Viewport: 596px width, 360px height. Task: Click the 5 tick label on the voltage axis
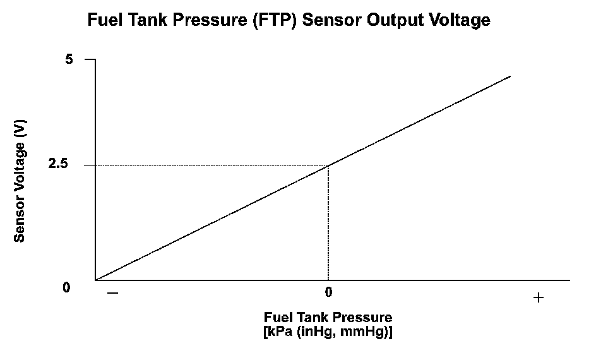[69, 59]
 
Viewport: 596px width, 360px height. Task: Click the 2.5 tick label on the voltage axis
[66, 165]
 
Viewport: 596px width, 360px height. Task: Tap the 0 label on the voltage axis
[67, 287]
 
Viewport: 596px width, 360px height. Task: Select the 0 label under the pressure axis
[328, 292]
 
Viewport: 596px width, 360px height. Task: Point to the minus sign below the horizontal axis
[112, 294]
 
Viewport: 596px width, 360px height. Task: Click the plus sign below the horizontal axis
[538, 297]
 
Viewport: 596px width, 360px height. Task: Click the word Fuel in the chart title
[105, 20]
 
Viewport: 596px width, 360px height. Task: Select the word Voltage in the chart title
[459, 20]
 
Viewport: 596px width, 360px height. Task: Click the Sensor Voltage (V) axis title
[20, 182]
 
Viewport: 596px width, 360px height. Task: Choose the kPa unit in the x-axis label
[281, 331]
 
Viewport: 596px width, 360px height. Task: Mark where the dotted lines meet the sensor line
[328, 165]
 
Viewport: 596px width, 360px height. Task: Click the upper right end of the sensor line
[510, 76]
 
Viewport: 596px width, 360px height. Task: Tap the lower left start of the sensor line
[97, 279]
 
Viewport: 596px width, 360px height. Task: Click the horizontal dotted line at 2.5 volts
[208, 165]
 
